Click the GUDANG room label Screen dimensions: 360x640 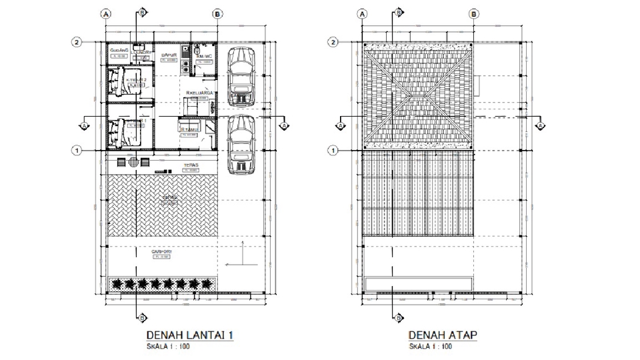click(119, 51)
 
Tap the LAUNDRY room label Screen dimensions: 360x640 click(140, 51)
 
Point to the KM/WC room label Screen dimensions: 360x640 click(205, 56)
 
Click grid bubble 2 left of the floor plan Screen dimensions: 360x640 click(77, 42)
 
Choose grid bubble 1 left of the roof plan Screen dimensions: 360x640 click(333, 151)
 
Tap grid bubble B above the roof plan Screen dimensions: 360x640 click(473, 13)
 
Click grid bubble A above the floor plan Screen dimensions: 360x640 click(105, 13)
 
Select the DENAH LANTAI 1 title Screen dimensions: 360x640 click(189, 335)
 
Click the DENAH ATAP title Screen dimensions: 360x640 click(442, 335)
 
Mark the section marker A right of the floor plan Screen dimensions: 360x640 click(283, 125)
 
